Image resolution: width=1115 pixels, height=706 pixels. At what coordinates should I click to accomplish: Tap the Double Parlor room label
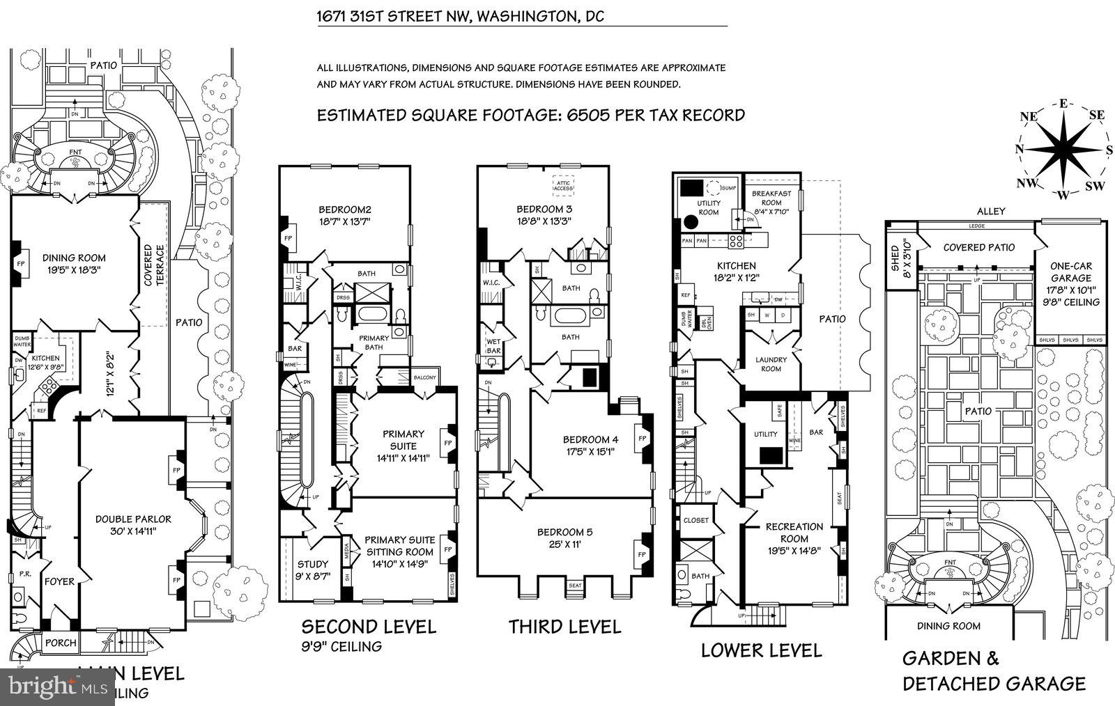point(133,519)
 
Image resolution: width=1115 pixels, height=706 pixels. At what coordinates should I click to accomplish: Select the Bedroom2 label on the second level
point(344,210)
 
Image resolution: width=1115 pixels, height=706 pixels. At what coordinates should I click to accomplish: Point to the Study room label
point(312,565)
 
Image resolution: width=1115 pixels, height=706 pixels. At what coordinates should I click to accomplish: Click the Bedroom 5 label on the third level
point(565,533)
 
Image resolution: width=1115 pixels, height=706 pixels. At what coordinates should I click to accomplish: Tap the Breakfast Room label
point(771,198)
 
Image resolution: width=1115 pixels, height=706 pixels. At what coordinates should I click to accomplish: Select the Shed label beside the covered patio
point(895,259)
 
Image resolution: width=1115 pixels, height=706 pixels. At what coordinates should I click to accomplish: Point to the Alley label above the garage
point(990,211)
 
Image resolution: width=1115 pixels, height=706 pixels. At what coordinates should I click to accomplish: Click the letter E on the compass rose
point(1063,104)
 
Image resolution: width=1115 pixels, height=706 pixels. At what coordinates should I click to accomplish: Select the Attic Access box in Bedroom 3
point(563,185)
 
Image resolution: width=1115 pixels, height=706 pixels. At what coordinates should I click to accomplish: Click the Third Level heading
point(564,627)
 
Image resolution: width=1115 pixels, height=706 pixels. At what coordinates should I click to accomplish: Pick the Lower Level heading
point(761,650)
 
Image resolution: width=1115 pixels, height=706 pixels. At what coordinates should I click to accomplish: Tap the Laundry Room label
point(771,364)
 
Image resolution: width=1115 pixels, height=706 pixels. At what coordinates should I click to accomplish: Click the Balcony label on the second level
point(424,378)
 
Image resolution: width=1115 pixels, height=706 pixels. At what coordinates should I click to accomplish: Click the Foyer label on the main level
point(59,581)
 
